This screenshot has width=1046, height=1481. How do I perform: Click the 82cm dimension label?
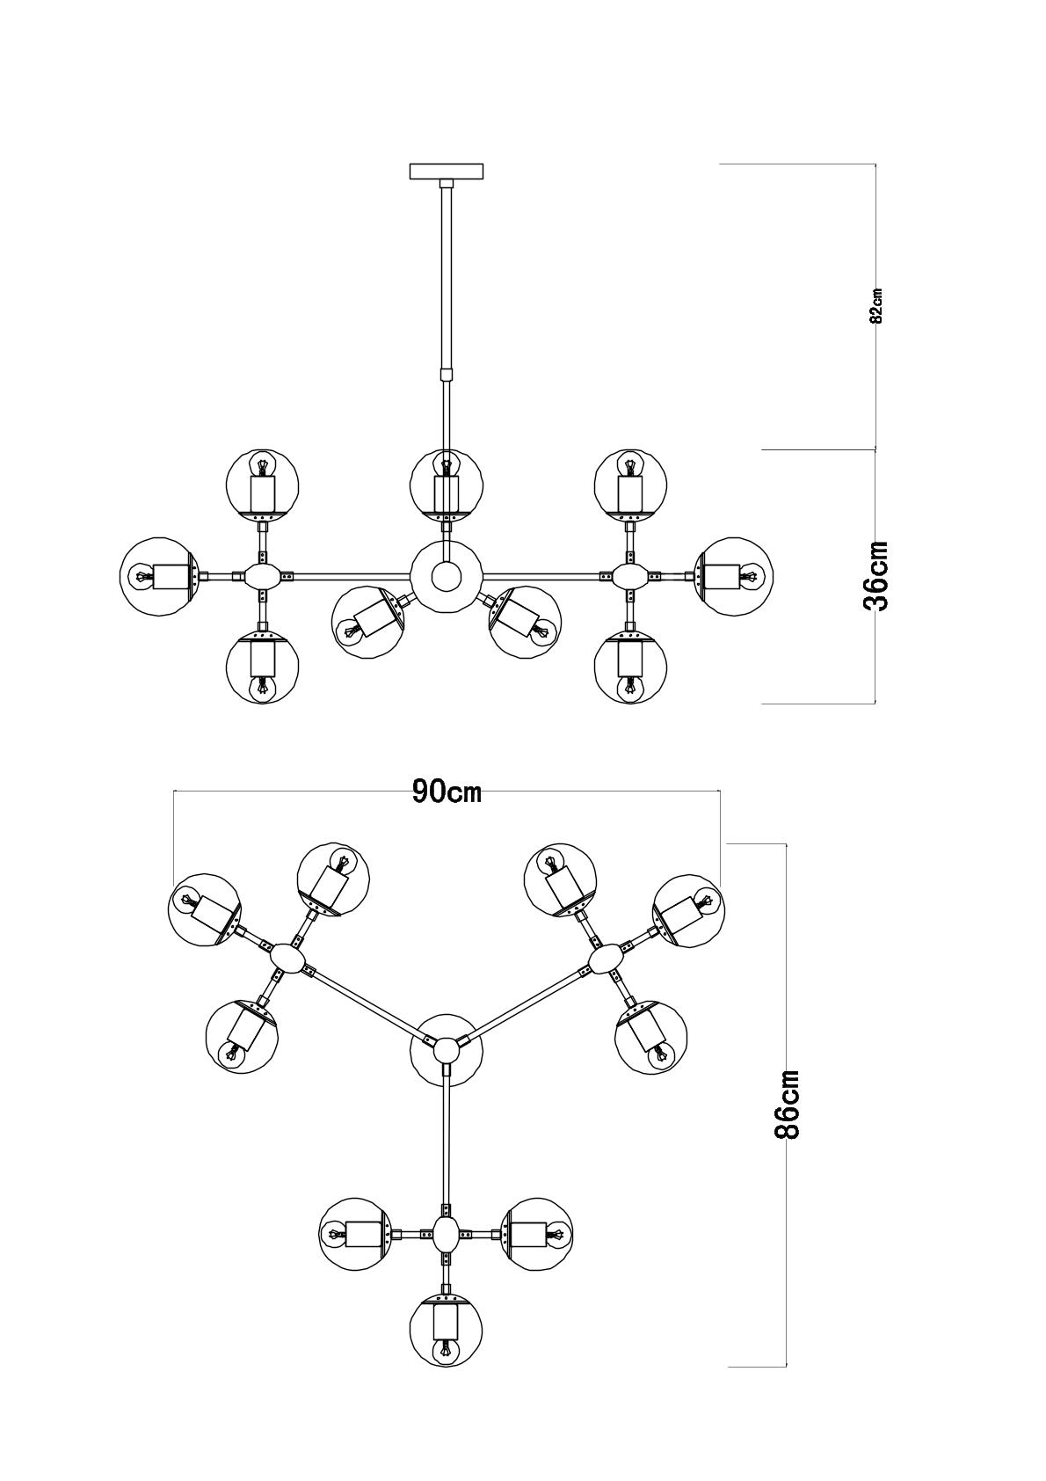[876, 306]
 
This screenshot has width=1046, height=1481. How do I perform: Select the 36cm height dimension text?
[877, 576]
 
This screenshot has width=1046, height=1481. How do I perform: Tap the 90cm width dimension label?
[447, 792]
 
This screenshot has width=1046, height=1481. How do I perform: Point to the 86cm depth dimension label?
[787, 1105]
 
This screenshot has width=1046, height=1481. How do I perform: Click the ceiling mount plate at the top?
[447, 171]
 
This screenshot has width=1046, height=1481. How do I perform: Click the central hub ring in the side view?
[447, 577]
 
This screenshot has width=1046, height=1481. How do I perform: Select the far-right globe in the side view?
[735, 576]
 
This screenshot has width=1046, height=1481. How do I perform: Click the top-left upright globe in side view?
[262, 485]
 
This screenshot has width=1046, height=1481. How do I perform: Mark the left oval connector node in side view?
[262, 577]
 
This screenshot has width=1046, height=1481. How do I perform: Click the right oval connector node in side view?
[630, 577]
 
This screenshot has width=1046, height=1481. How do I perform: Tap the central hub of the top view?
[447, 1047]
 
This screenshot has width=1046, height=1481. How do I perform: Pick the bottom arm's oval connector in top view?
[447, 1234]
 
